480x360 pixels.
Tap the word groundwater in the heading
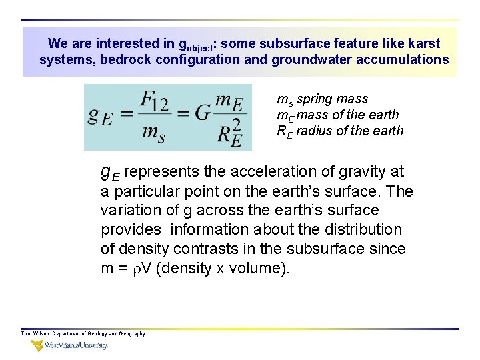[334, 60]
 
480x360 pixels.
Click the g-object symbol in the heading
[196, 45]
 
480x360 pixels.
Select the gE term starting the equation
[100, 117]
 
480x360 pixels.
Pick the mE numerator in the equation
[230, 102]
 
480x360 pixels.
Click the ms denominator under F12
[154, 133]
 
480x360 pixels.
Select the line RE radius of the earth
[340, 131]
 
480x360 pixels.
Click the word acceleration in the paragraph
[250, 172]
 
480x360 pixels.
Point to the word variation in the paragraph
[129, 211]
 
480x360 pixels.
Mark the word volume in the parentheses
[258, 268]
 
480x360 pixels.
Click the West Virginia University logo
[69, 345]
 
